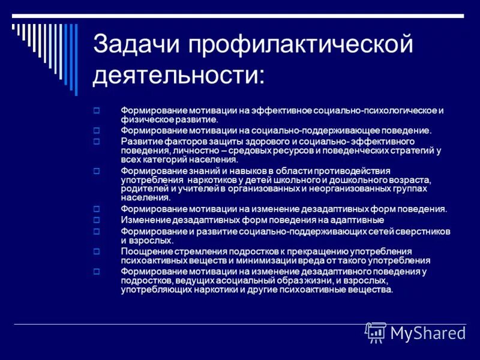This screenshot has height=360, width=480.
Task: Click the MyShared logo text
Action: (x=428, y=332)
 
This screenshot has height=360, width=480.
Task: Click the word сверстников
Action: (x=423, y=231)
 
